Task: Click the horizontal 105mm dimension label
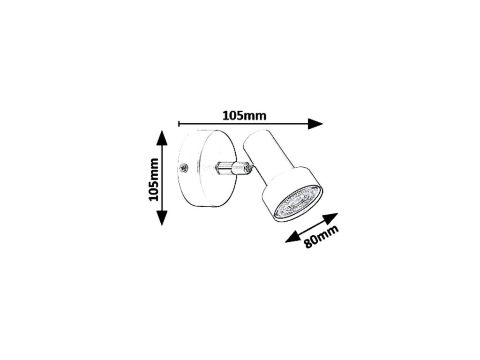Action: pos(244,115)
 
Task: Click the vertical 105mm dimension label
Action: pos(154,180)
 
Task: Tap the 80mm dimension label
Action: pos(321,236)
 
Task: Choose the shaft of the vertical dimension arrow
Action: pos(162,178)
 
